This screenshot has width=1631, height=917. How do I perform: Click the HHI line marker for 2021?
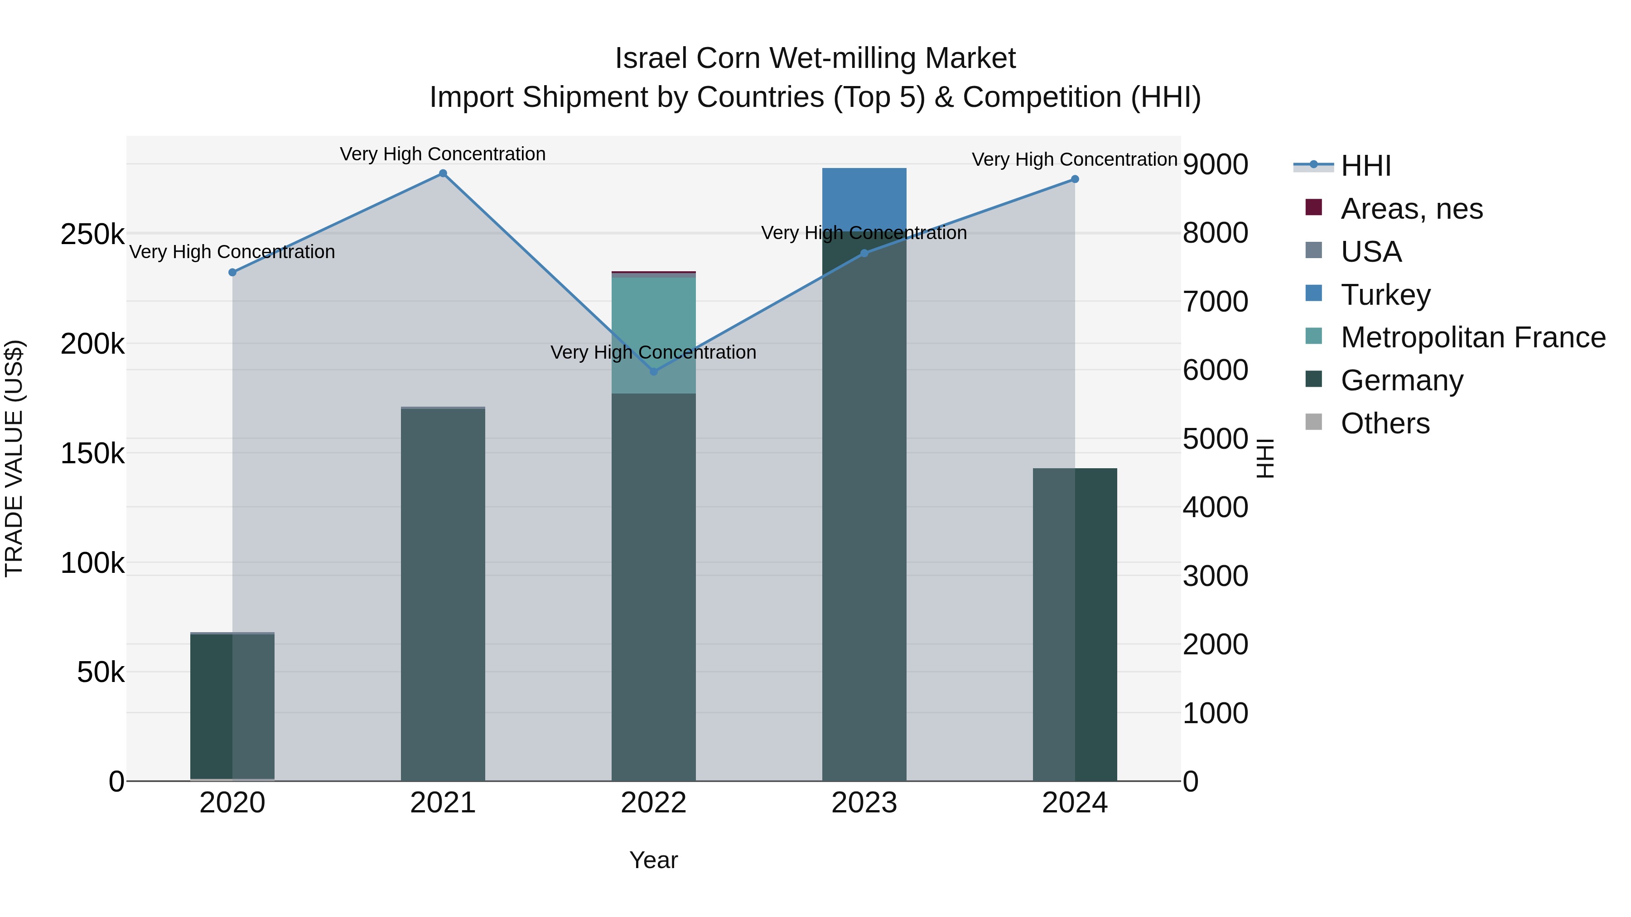[x=443, y=173]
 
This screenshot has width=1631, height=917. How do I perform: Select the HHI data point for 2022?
[x=653, y=371]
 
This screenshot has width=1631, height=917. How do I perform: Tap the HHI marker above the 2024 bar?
[x=1075, y=179]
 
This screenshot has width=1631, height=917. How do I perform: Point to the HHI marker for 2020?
[x=232, y=272]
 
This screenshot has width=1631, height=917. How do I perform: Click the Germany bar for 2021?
[x=443, y=595]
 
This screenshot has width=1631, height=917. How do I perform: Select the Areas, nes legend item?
[x=1411, y=209]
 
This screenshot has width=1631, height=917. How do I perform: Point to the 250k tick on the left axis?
[x=92, y=235]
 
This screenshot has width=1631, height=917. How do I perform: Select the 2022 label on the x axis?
[x=653, y=803]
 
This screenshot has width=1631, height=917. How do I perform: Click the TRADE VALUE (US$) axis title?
[x=14, y=458]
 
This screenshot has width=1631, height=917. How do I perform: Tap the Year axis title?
[x=653, y=860]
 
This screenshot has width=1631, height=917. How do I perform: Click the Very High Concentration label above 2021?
[x=443, y=154]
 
